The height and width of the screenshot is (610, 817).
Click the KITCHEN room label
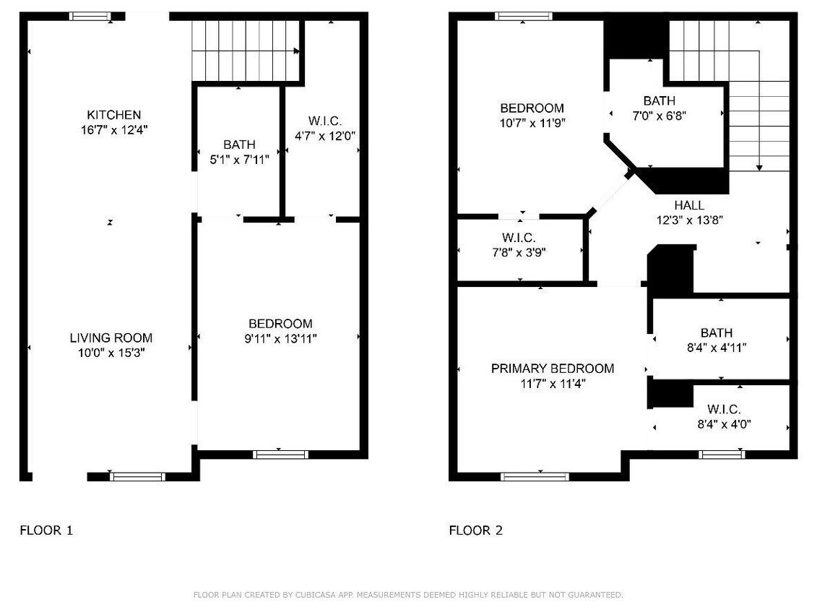coord(113,115)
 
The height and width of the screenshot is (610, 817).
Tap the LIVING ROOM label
coord(111,338)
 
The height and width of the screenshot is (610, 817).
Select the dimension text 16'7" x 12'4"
coord(114,130)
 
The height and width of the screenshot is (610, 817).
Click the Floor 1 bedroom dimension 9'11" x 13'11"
coord(280,339)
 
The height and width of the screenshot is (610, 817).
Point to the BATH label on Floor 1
coord(239,145)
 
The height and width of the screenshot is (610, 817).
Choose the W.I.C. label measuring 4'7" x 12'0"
coord(325,121)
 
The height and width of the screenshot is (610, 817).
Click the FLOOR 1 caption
coord(46,530)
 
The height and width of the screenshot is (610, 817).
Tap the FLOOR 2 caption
coord(476,530)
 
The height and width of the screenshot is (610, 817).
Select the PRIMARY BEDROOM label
coord(553,369)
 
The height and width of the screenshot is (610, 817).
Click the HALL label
coord(689,205)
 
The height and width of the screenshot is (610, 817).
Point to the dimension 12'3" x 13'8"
coord(689,220)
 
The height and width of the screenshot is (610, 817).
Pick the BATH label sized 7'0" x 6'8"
coord(659,100)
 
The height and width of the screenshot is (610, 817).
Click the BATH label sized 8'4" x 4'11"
coord(717,332)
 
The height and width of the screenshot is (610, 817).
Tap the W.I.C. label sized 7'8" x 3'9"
coord(519,238)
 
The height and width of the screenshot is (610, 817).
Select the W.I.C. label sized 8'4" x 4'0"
coord(724,409)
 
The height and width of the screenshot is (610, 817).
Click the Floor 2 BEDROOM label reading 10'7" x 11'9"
coord(532,108)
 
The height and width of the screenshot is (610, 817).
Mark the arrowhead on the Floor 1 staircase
coord(296,51)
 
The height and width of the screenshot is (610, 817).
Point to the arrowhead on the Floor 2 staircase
coord(759,168)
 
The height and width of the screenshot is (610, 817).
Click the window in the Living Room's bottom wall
coord(137,476)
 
